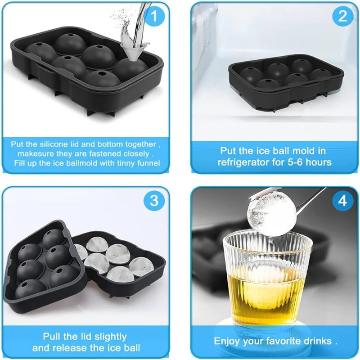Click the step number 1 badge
(153, 17)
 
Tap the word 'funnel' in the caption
(147, 163)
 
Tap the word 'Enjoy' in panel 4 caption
(227, 341)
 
